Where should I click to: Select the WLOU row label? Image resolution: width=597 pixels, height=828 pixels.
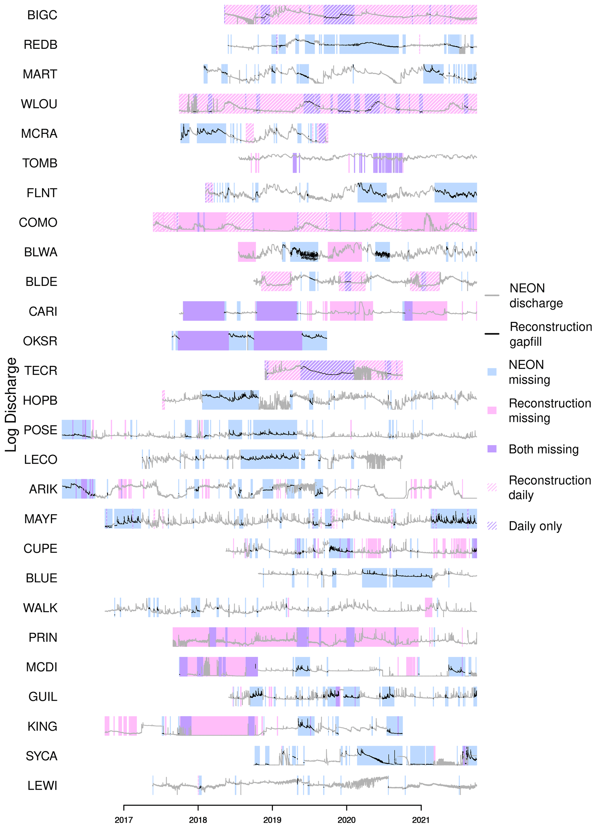click(39, 104)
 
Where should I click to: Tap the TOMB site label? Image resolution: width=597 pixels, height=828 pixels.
click(40, 163)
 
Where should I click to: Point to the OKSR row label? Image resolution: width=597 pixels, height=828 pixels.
click(40, 341)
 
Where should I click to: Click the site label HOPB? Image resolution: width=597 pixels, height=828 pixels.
click(40, 400)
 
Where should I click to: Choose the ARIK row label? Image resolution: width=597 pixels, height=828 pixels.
click(43, 489)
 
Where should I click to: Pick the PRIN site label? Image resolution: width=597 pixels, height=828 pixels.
click(43, 637)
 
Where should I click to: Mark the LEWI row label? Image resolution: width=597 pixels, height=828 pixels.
click(42, 786)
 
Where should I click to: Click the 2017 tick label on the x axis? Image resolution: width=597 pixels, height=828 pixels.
click(124, 820)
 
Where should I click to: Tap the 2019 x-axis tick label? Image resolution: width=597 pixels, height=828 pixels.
click(272, 820)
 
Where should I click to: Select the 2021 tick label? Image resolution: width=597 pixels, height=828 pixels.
click(421, 820)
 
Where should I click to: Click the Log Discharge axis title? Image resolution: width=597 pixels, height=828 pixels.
click(11, 404)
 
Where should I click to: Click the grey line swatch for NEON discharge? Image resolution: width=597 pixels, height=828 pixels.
click(492, 295)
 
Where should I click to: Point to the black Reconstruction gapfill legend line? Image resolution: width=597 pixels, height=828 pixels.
click(492, 334)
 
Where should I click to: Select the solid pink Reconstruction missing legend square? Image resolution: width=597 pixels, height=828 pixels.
click(492, 410)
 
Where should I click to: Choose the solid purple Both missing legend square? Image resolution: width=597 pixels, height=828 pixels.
click(492, 449)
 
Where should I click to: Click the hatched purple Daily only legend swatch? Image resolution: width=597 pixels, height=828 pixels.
click(492, 526)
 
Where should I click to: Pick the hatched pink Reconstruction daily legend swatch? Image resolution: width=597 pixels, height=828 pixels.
click(492, 487)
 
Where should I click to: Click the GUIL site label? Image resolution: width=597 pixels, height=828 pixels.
click(43, 697)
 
